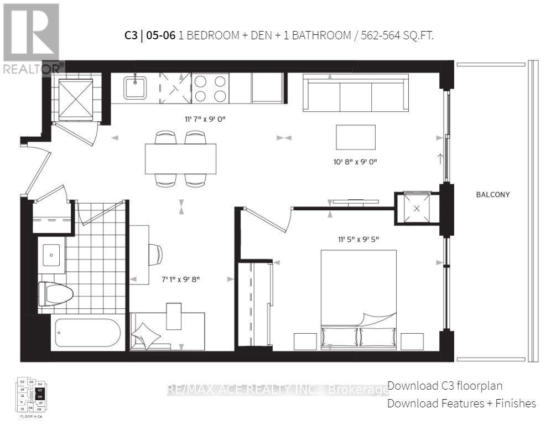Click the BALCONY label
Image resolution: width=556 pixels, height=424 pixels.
tap(492, 195)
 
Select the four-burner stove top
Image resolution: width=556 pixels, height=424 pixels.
tap(210, 88)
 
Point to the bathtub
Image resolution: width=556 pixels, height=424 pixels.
tap(87, 333)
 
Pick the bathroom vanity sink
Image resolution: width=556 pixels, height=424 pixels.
tap(51, 255)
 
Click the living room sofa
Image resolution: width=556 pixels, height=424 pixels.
tap(355, 92)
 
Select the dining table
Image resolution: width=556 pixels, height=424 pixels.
tap(180, 158)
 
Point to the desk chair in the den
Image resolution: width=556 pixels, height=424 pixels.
tap(155, 255)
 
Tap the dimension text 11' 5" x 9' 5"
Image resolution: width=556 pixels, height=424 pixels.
tap(358, 239)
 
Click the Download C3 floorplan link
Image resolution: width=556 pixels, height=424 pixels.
tap(445, 386)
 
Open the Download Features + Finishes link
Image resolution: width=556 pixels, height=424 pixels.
tap(461, 403)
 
